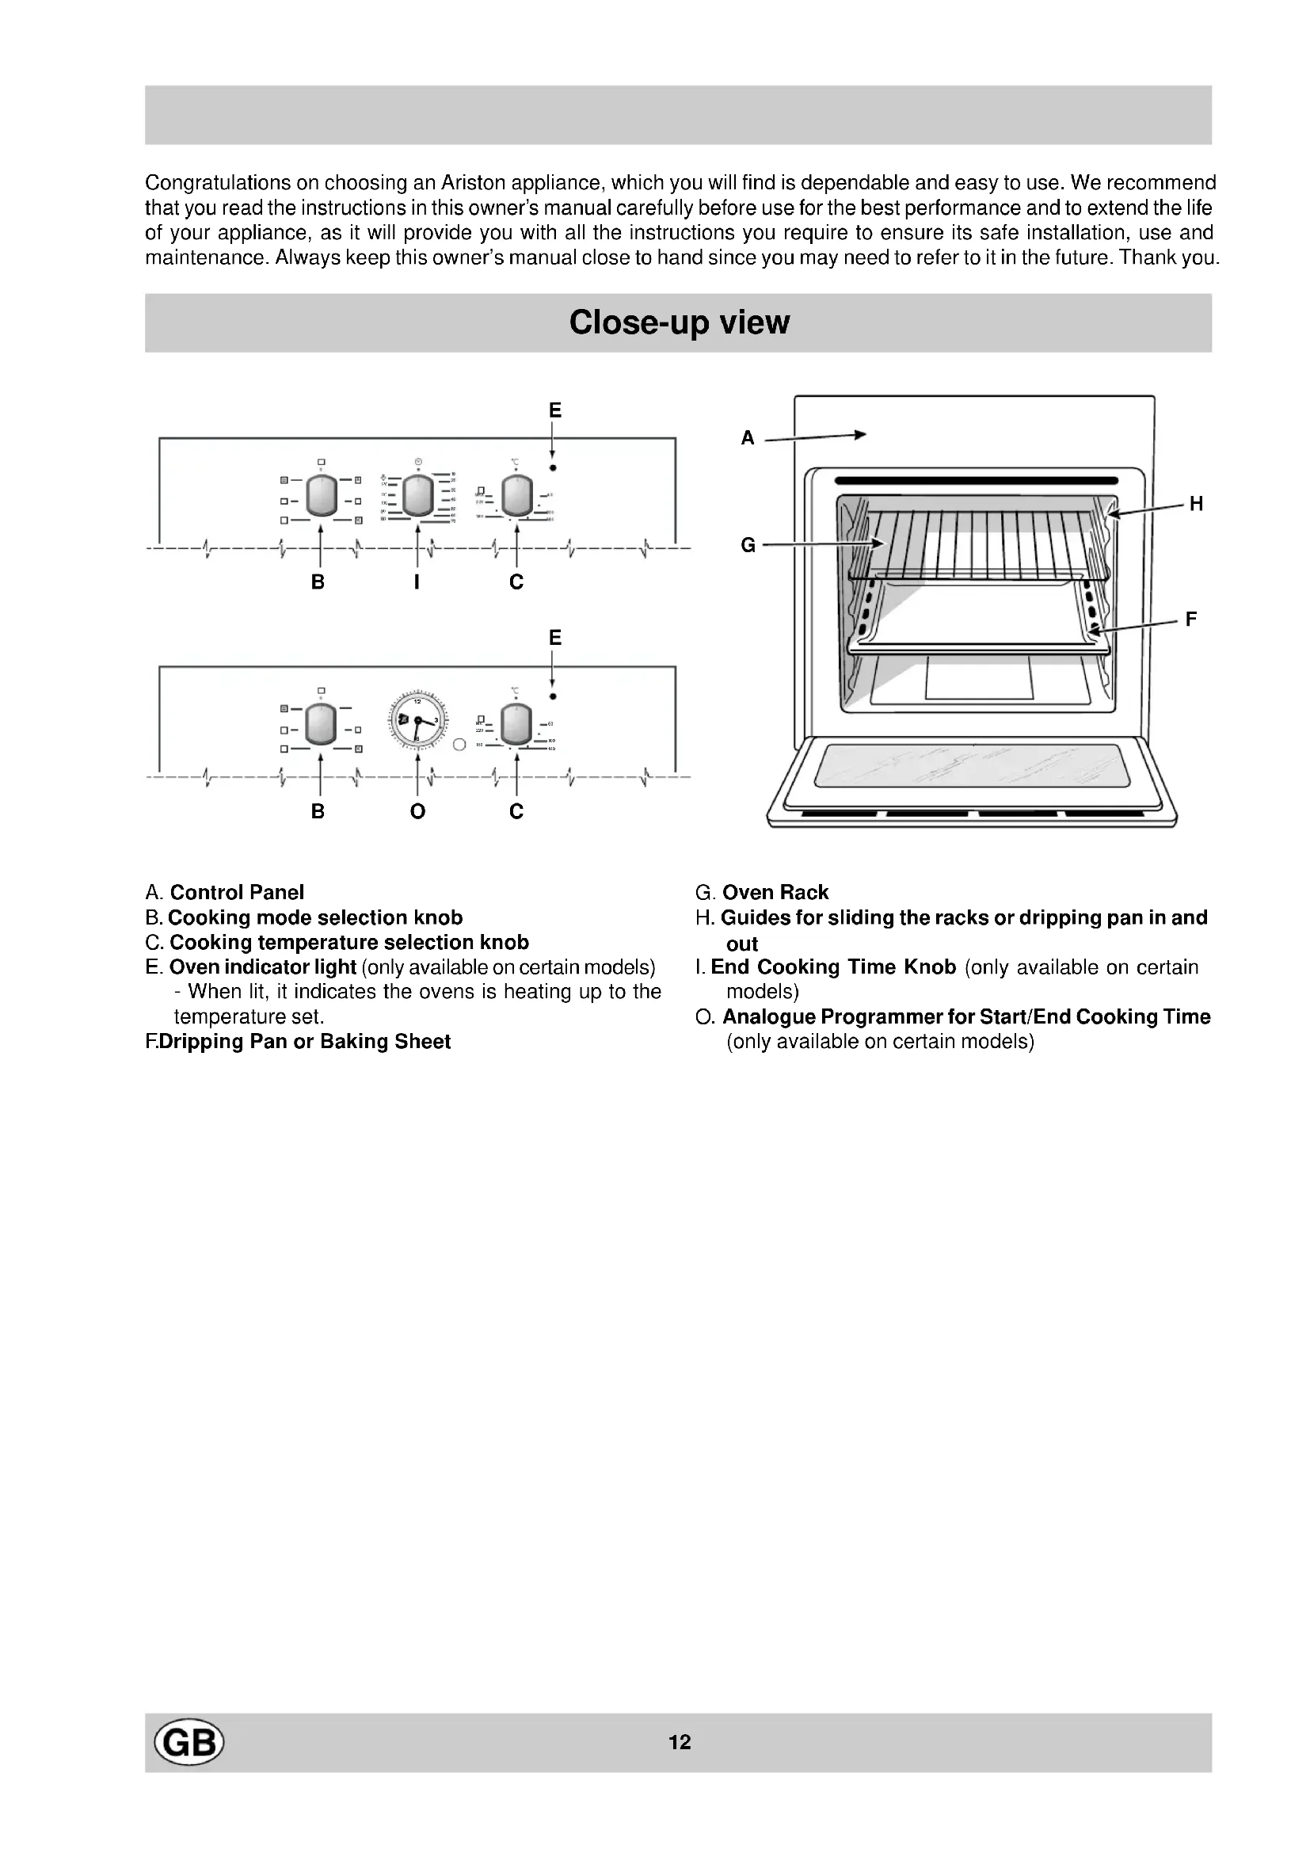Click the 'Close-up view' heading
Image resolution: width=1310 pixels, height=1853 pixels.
point(679,322)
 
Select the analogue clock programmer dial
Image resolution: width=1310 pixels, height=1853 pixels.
point(418,720)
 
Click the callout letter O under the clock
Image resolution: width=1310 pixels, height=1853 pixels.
point(417,811)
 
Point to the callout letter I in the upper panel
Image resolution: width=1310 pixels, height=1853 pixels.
point(417,582)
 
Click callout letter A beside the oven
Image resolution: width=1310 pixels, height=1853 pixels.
point(748,438)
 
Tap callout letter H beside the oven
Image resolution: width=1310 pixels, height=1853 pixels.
point(1196,505)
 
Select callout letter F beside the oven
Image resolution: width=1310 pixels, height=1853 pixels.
point(1191,620)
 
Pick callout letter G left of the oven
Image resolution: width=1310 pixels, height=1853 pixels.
point(748,546)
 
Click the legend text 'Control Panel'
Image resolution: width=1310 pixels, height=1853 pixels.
point(237,893)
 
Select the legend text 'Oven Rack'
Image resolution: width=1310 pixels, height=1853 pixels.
point(775,893)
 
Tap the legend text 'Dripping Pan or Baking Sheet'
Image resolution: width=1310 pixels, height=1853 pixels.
point(305,1042)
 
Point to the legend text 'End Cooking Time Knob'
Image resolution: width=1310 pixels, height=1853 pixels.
point(833,967)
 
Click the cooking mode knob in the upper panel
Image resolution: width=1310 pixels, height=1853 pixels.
point(321,495)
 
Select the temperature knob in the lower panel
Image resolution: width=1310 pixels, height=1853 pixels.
point(516,723)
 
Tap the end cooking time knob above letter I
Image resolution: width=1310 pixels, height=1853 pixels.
point(418,495)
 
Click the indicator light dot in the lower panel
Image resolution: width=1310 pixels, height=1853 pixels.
point(553,696)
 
